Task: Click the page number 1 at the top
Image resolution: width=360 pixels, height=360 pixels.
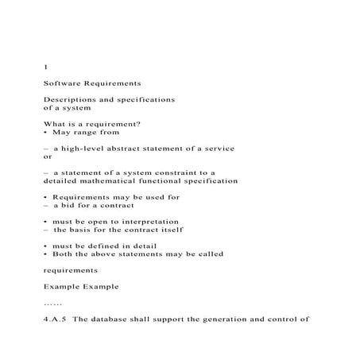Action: [x=45, y=66]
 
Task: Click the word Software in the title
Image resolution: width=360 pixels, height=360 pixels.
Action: [x=64, y=83]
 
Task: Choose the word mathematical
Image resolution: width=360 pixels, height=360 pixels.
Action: [x=111, y=181]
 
